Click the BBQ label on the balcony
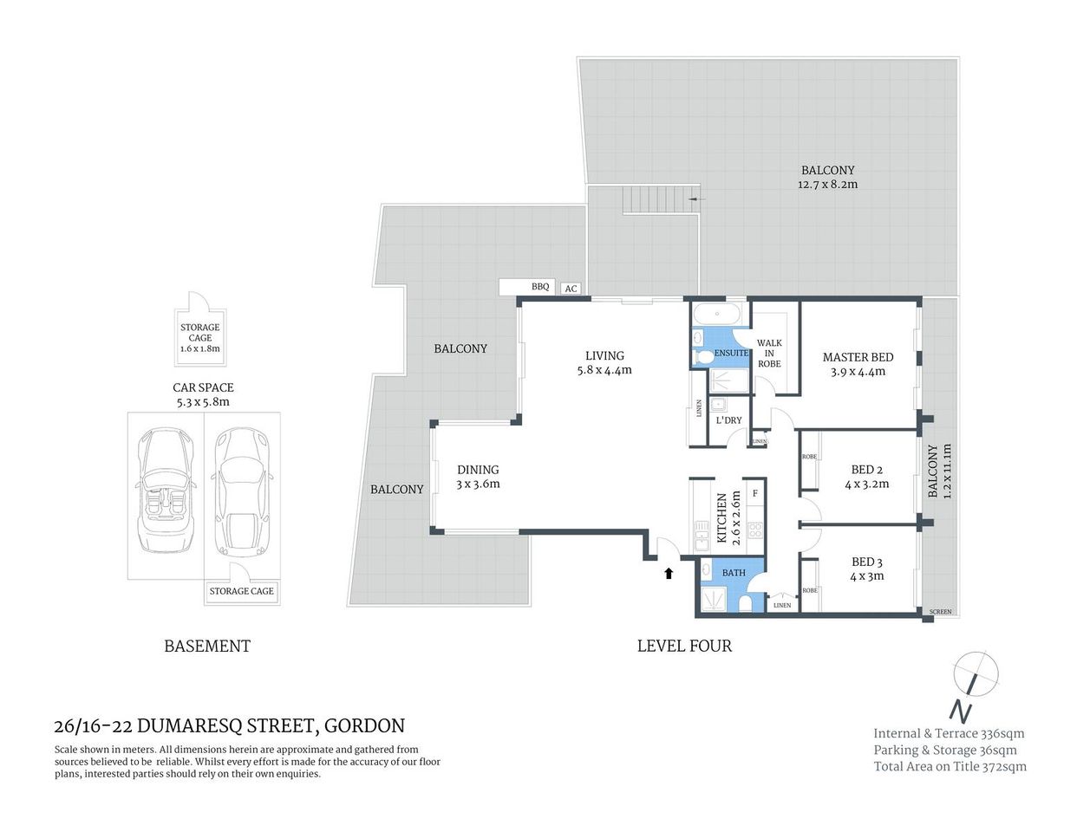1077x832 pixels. point(539,287)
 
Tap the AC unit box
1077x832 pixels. point(571,289)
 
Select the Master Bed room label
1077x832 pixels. point(858,357)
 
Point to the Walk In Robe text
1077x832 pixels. point(769,353)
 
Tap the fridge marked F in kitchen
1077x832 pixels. point(755,494)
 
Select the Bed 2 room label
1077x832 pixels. point(867,471)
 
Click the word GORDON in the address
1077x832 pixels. point(365,725)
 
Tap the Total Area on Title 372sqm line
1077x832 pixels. point(950,766)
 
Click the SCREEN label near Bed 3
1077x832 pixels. point(940,612)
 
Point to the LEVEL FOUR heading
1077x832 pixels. point(684,646)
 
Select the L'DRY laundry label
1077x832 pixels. point(728,420)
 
